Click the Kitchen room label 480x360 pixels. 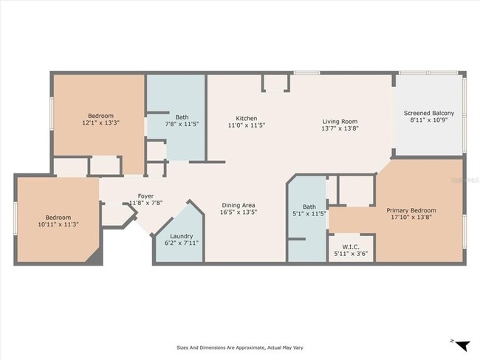pos(247,119)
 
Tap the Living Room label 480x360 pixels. pos(339,122)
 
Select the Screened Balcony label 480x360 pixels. pos(428,113)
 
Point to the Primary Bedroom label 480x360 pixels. pos(411,210)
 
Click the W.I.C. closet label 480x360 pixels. pos(352,246)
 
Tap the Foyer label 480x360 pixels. pos(145,196)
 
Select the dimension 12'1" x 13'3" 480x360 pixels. pos(101,123)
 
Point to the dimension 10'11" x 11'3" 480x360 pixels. pos(58,225)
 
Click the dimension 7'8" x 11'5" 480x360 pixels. pos(182,125)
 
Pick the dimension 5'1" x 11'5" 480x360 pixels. pos(310,214)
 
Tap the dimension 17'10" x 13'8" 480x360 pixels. pos(411,218)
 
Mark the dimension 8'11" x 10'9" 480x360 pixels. pos(428,121)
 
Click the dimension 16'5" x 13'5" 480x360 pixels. pos(239,212)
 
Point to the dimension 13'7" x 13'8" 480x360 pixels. pos(339,129)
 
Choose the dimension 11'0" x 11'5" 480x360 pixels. pos(247,126)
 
